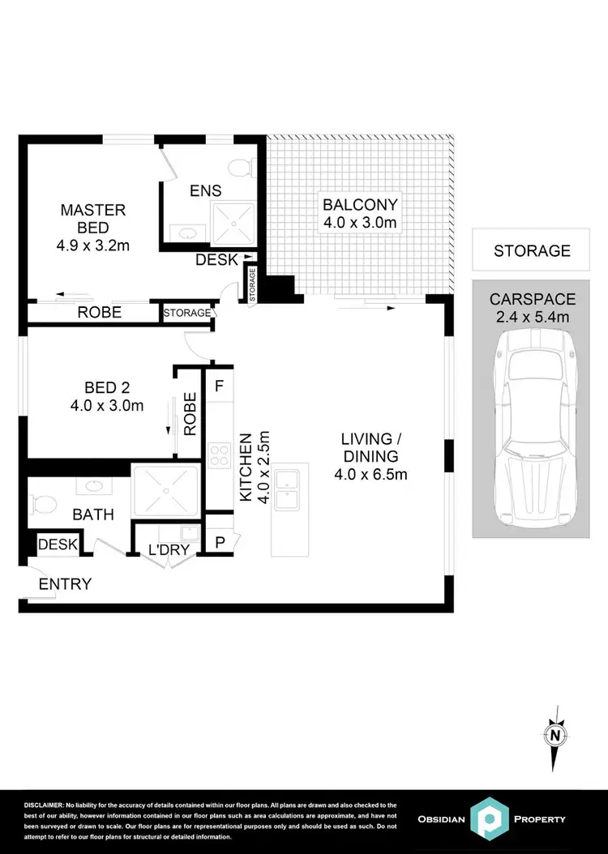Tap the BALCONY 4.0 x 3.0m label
(361, 213)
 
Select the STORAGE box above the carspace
(532, 251)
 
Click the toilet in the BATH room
(42, 505)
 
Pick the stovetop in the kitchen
(220, 456)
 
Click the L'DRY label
(168, 551)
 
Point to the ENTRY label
(65, 584)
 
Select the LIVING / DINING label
(370, 457)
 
